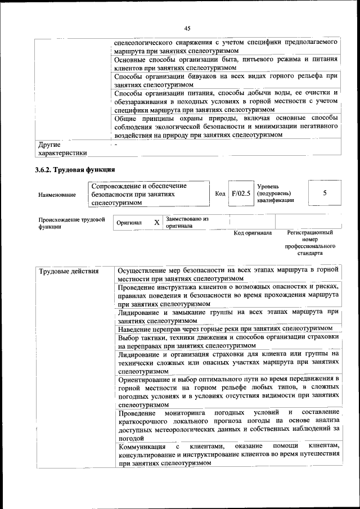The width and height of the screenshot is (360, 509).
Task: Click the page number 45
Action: pos(187,28)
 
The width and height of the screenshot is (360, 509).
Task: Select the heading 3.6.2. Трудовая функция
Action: pos(75,169)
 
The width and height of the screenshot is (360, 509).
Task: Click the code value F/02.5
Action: pos(240,193)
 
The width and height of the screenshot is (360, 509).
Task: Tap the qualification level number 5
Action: pos(325,193)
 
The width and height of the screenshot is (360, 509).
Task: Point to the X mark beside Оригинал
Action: pos(157,222)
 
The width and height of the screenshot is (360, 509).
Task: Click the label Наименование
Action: pos(57,195)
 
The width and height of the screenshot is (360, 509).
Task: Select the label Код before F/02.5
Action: pos(220,193)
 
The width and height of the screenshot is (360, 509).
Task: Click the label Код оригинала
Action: pos(253,233)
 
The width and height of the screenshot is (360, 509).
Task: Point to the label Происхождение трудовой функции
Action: pos(71,223)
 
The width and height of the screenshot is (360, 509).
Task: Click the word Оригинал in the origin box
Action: pos(129,223)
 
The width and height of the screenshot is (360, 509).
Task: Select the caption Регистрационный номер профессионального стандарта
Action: pos(310,242)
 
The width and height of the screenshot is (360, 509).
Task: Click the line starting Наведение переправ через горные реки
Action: pos(226,328)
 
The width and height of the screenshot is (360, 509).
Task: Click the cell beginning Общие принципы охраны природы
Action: pos(226,127)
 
